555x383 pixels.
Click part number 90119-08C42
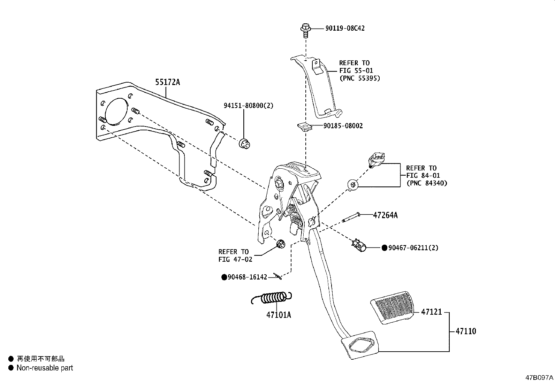click(x=345, y=28)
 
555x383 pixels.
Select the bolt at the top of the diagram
click(x=306, y=30)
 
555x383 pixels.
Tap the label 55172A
click(x=168, y=82)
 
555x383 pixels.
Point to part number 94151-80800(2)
click(x=249, y=105)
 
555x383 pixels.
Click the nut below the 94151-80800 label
click(x=244, y=143)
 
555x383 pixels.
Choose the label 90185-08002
click(x=343, y=126)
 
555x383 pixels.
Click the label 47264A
click(x=385, y=215)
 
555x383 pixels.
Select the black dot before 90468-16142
click(x=224, y=277)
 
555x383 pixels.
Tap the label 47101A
click(x=279, y=315)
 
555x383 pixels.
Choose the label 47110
click(x=465, y=331)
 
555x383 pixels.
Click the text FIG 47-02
click(x=235, y=259)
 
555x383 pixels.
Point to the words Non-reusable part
click(x=45, y=368)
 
